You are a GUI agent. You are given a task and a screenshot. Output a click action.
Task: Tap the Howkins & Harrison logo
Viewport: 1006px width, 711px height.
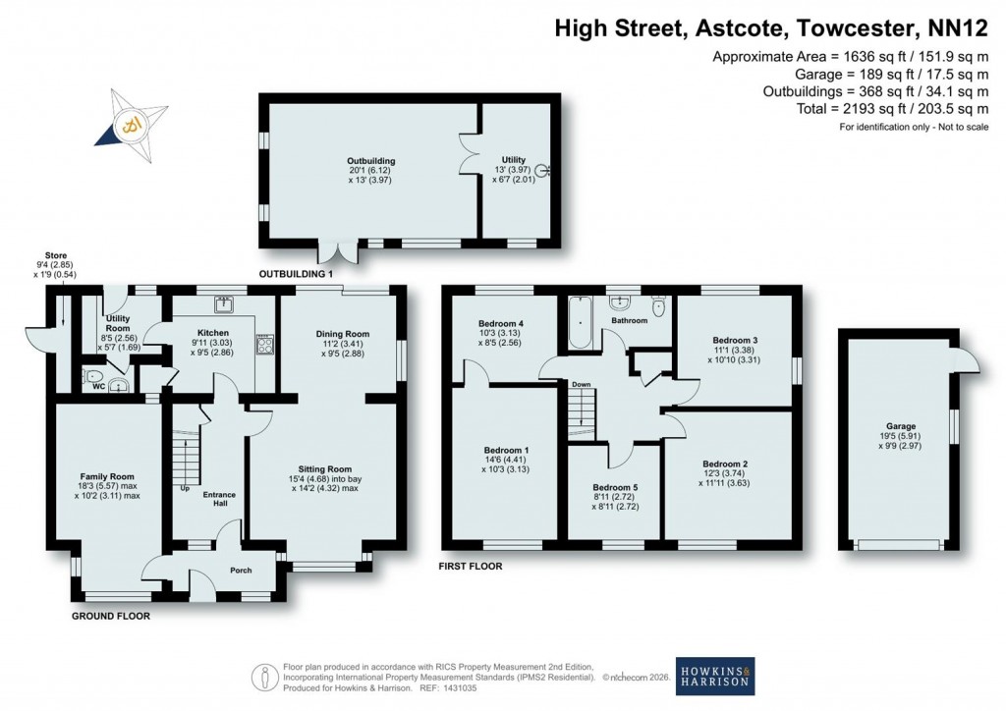point(714,676)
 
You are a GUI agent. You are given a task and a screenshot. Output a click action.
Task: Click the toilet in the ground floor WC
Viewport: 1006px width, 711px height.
point(93,376)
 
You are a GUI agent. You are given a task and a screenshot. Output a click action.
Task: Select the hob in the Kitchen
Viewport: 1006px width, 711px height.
point(264,344)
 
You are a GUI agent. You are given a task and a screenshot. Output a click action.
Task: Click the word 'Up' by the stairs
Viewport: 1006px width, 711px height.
point(184,487)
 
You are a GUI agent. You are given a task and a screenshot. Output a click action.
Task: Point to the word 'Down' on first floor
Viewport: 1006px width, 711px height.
point(581,384)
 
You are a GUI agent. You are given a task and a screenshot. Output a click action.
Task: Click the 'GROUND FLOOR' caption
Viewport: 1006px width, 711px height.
point(110,617)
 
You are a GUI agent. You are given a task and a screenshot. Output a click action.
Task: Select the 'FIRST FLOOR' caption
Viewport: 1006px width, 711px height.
point(472,567)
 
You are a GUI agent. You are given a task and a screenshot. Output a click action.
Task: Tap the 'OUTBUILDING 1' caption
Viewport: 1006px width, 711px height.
point(297,273)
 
